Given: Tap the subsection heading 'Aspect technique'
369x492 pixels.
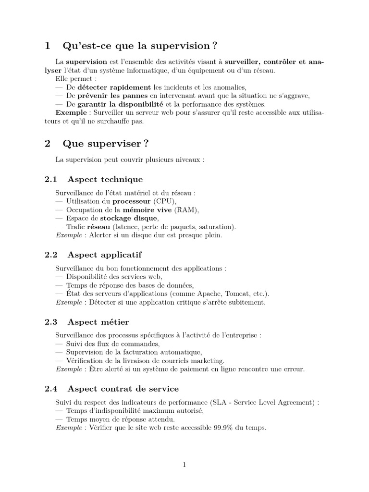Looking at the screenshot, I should coord(105,179).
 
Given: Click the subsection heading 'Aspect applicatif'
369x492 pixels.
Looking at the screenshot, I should coord(105,254).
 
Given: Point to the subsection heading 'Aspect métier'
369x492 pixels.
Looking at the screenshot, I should coord(98,321).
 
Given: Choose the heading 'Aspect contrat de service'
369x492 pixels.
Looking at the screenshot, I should coord(123,388).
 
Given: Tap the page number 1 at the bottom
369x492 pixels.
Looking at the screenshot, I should coord(184,465).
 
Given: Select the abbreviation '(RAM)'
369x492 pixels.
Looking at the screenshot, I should coord(185,210).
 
